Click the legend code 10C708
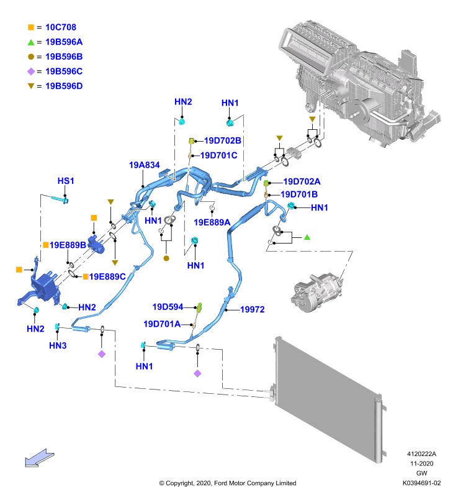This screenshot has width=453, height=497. pos(61,27)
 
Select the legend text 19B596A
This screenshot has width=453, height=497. pos(64,42)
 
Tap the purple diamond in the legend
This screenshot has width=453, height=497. pos(31,71)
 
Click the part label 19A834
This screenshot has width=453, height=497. pos(145,165)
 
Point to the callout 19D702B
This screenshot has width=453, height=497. pos(223,140)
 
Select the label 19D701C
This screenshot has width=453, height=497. pos(219,155)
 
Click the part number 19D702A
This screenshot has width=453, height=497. pos(302,181)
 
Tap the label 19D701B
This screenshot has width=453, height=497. pos(299,194)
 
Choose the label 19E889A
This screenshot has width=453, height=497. pos(212,222)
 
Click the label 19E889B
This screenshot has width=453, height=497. pos(68,245)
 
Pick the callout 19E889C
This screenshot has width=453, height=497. pos(107,276)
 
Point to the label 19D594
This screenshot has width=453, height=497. pos(168,307)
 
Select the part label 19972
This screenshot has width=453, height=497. pos(253,309)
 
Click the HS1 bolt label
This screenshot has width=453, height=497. pos(66,181)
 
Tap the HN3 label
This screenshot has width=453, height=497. pos(58,345)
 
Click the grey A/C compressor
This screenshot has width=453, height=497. pos(316,293)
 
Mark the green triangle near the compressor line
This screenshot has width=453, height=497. pos(307,237)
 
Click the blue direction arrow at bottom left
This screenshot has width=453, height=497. pos(39,458)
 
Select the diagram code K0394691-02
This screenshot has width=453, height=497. pos(421,483)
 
